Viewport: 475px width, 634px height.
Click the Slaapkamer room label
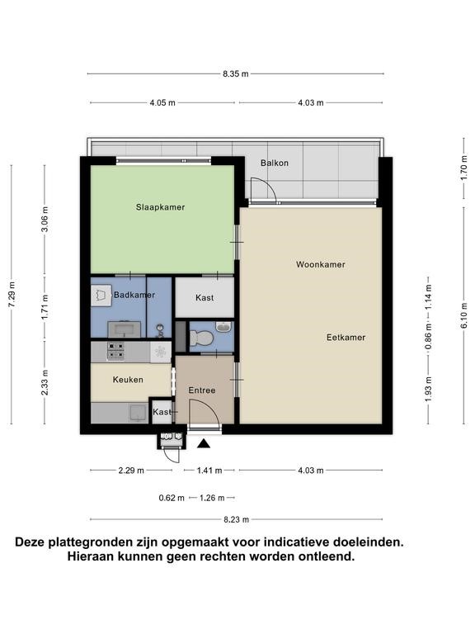point(160,207)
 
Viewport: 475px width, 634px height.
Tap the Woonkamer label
point(320,264)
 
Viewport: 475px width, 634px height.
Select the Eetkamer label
point(346,337)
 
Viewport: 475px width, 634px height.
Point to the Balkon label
point(275,163)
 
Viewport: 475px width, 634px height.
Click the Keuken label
point(128,380)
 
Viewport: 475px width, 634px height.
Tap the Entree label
point(202,390)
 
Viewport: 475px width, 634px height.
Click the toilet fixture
point(201,338)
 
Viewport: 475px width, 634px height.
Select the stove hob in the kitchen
point(115,351)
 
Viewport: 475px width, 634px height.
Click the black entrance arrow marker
point(204,444)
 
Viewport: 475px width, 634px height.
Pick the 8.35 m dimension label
point(236,73)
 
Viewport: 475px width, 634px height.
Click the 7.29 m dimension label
point(12,294)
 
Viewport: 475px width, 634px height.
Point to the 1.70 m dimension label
point(463,168)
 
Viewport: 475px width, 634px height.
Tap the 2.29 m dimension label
point(131,471)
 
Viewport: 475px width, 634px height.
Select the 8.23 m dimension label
point(237,519)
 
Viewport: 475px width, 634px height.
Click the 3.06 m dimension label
point(45,219)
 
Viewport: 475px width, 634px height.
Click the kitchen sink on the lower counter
point(139,413)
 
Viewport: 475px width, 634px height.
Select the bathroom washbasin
point(125,329)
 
